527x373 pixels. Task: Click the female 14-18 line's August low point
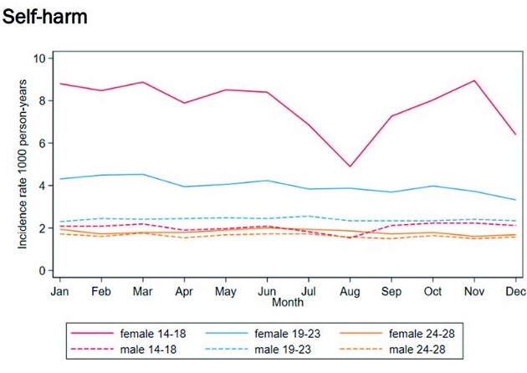coord(350,166)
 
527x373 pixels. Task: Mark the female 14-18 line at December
coord(515,135)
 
